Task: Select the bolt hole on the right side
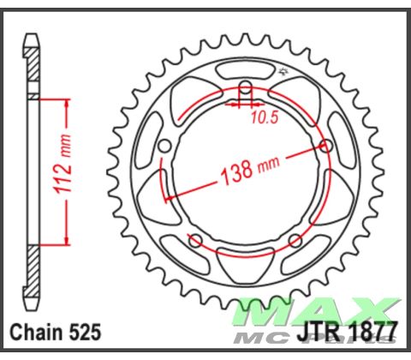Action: pos(326,146)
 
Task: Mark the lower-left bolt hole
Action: pos(195,239)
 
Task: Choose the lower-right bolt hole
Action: pos(295,239)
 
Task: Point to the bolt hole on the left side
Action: pos(164,146)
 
